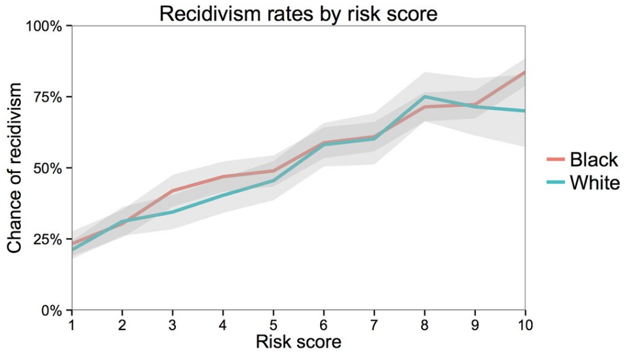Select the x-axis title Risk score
298,342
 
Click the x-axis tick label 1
72,325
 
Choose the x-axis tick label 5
273,325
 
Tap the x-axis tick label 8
425,325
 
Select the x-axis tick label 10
525,325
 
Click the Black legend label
594,159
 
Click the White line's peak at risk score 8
425,96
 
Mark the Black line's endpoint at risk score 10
524,72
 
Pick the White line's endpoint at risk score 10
524,111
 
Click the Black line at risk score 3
172,190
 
